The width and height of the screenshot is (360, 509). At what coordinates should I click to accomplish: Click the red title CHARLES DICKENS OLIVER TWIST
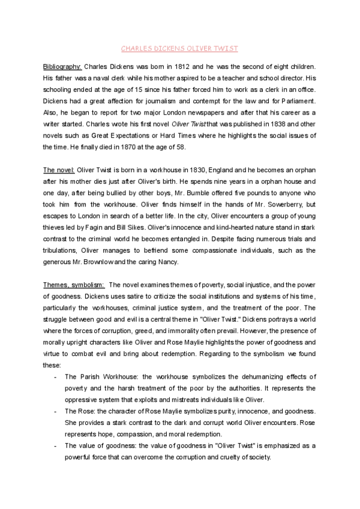(x=181, y=47)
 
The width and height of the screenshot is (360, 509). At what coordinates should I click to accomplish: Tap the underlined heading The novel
(x=59, y=171)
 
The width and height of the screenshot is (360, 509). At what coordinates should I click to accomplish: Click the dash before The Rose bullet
(x=55, y=411)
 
